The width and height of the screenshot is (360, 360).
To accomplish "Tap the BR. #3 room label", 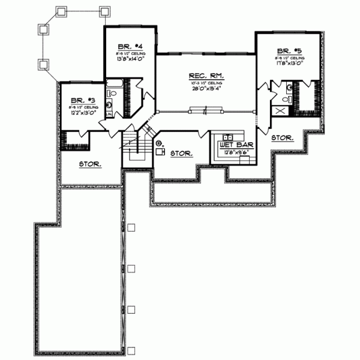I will tap(79, 101).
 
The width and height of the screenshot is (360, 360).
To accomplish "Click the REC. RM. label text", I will tap(206, 76).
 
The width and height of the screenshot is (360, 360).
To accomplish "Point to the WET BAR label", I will tap(231, 145).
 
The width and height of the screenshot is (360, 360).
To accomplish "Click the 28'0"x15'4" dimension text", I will tap(206, 89).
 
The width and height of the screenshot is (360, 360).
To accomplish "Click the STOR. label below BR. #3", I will tap(90, 163).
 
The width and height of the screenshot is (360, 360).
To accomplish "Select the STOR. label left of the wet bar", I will tap(181, 154).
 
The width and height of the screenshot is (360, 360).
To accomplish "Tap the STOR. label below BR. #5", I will tap(282, 137).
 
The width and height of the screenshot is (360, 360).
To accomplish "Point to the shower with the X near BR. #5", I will tap(279, 110).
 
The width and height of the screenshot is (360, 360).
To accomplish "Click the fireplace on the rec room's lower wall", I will tap(206, 109).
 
